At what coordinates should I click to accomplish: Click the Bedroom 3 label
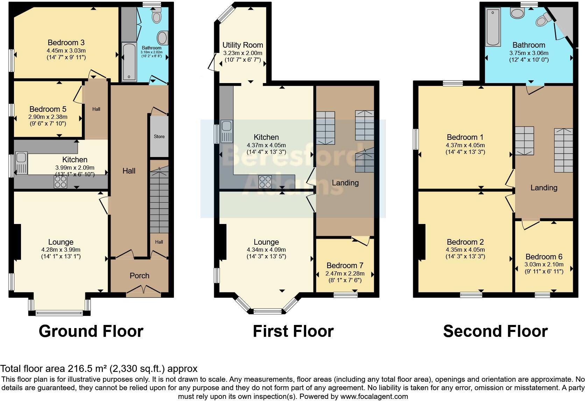[x=66, y=43]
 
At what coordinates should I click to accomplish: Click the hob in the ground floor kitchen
[x=60, y=182]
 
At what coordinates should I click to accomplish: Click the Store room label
[x=159, y=136]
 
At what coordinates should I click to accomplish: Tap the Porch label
[x=140, y=276]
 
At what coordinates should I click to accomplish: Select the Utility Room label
[x=242, y=45]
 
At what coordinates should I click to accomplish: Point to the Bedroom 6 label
[x=544, y=257]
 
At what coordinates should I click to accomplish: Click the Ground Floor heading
[x=91, y=331]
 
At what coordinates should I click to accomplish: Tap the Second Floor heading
[x=495, y=331]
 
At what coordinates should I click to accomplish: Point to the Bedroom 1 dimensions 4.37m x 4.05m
[x=465, y=145]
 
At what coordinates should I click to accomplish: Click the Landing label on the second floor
[x=543, y=188]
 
